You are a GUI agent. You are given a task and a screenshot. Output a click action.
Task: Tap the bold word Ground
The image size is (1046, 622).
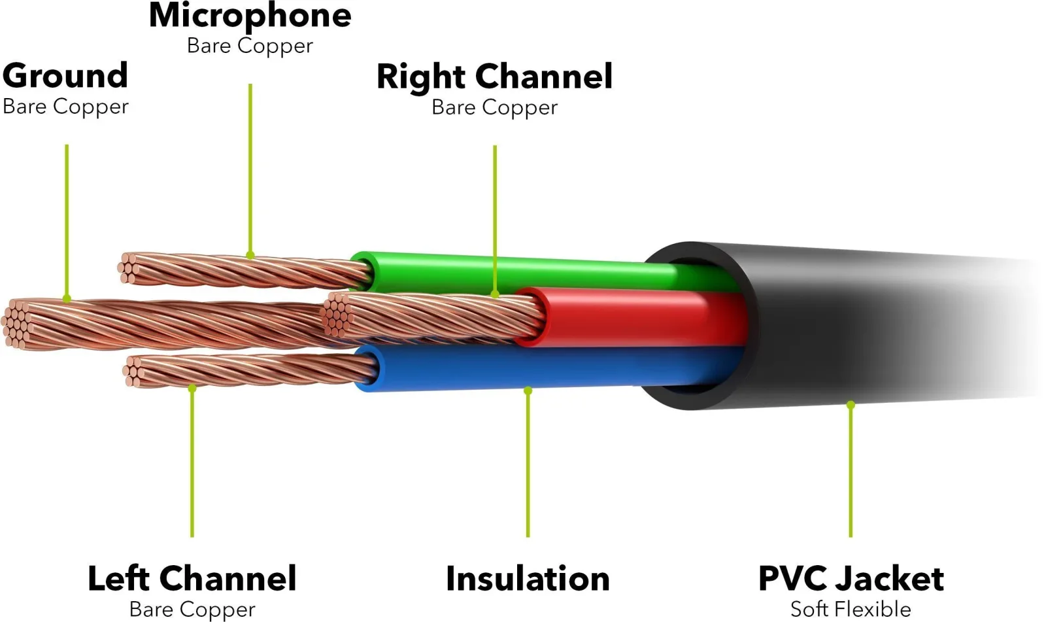[65, 77]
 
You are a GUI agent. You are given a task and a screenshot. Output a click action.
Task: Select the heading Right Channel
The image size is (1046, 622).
[494, 77]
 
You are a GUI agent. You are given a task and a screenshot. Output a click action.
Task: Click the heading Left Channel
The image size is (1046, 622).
[192, 578]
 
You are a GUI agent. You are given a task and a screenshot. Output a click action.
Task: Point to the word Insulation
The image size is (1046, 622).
[528, 579]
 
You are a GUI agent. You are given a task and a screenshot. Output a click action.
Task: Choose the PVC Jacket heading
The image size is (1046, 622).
[851, 579]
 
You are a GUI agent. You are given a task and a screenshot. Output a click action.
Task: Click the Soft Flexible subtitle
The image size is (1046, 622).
[851, 610]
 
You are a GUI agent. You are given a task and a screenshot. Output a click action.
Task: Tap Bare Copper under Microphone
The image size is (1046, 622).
[250, 46]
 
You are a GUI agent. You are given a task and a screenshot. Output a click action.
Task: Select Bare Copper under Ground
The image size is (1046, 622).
[65, 107]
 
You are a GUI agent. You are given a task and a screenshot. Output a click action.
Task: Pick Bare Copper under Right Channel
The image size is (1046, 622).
[494, 108]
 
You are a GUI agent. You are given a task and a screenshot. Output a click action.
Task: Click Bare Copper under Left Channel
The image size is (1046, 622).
[192, 610]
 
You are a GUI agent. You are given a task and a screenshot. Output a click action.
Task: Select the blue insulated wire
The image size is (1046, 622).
[537, 369]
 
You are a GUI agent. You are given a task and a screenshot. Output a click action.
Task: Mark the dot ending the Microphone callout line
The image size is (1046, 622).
[250, 256]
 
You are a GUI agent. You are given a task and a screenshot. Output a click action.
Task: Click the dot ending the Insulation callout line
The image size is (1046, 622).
[528, 390]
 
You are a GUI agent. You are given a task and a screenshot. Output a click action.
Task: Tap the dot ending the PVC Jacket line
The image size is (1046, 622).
[851, 405]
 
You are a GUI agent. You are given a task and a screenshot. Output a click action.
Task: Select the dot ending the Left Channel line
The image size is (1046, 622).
[192, 389]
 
